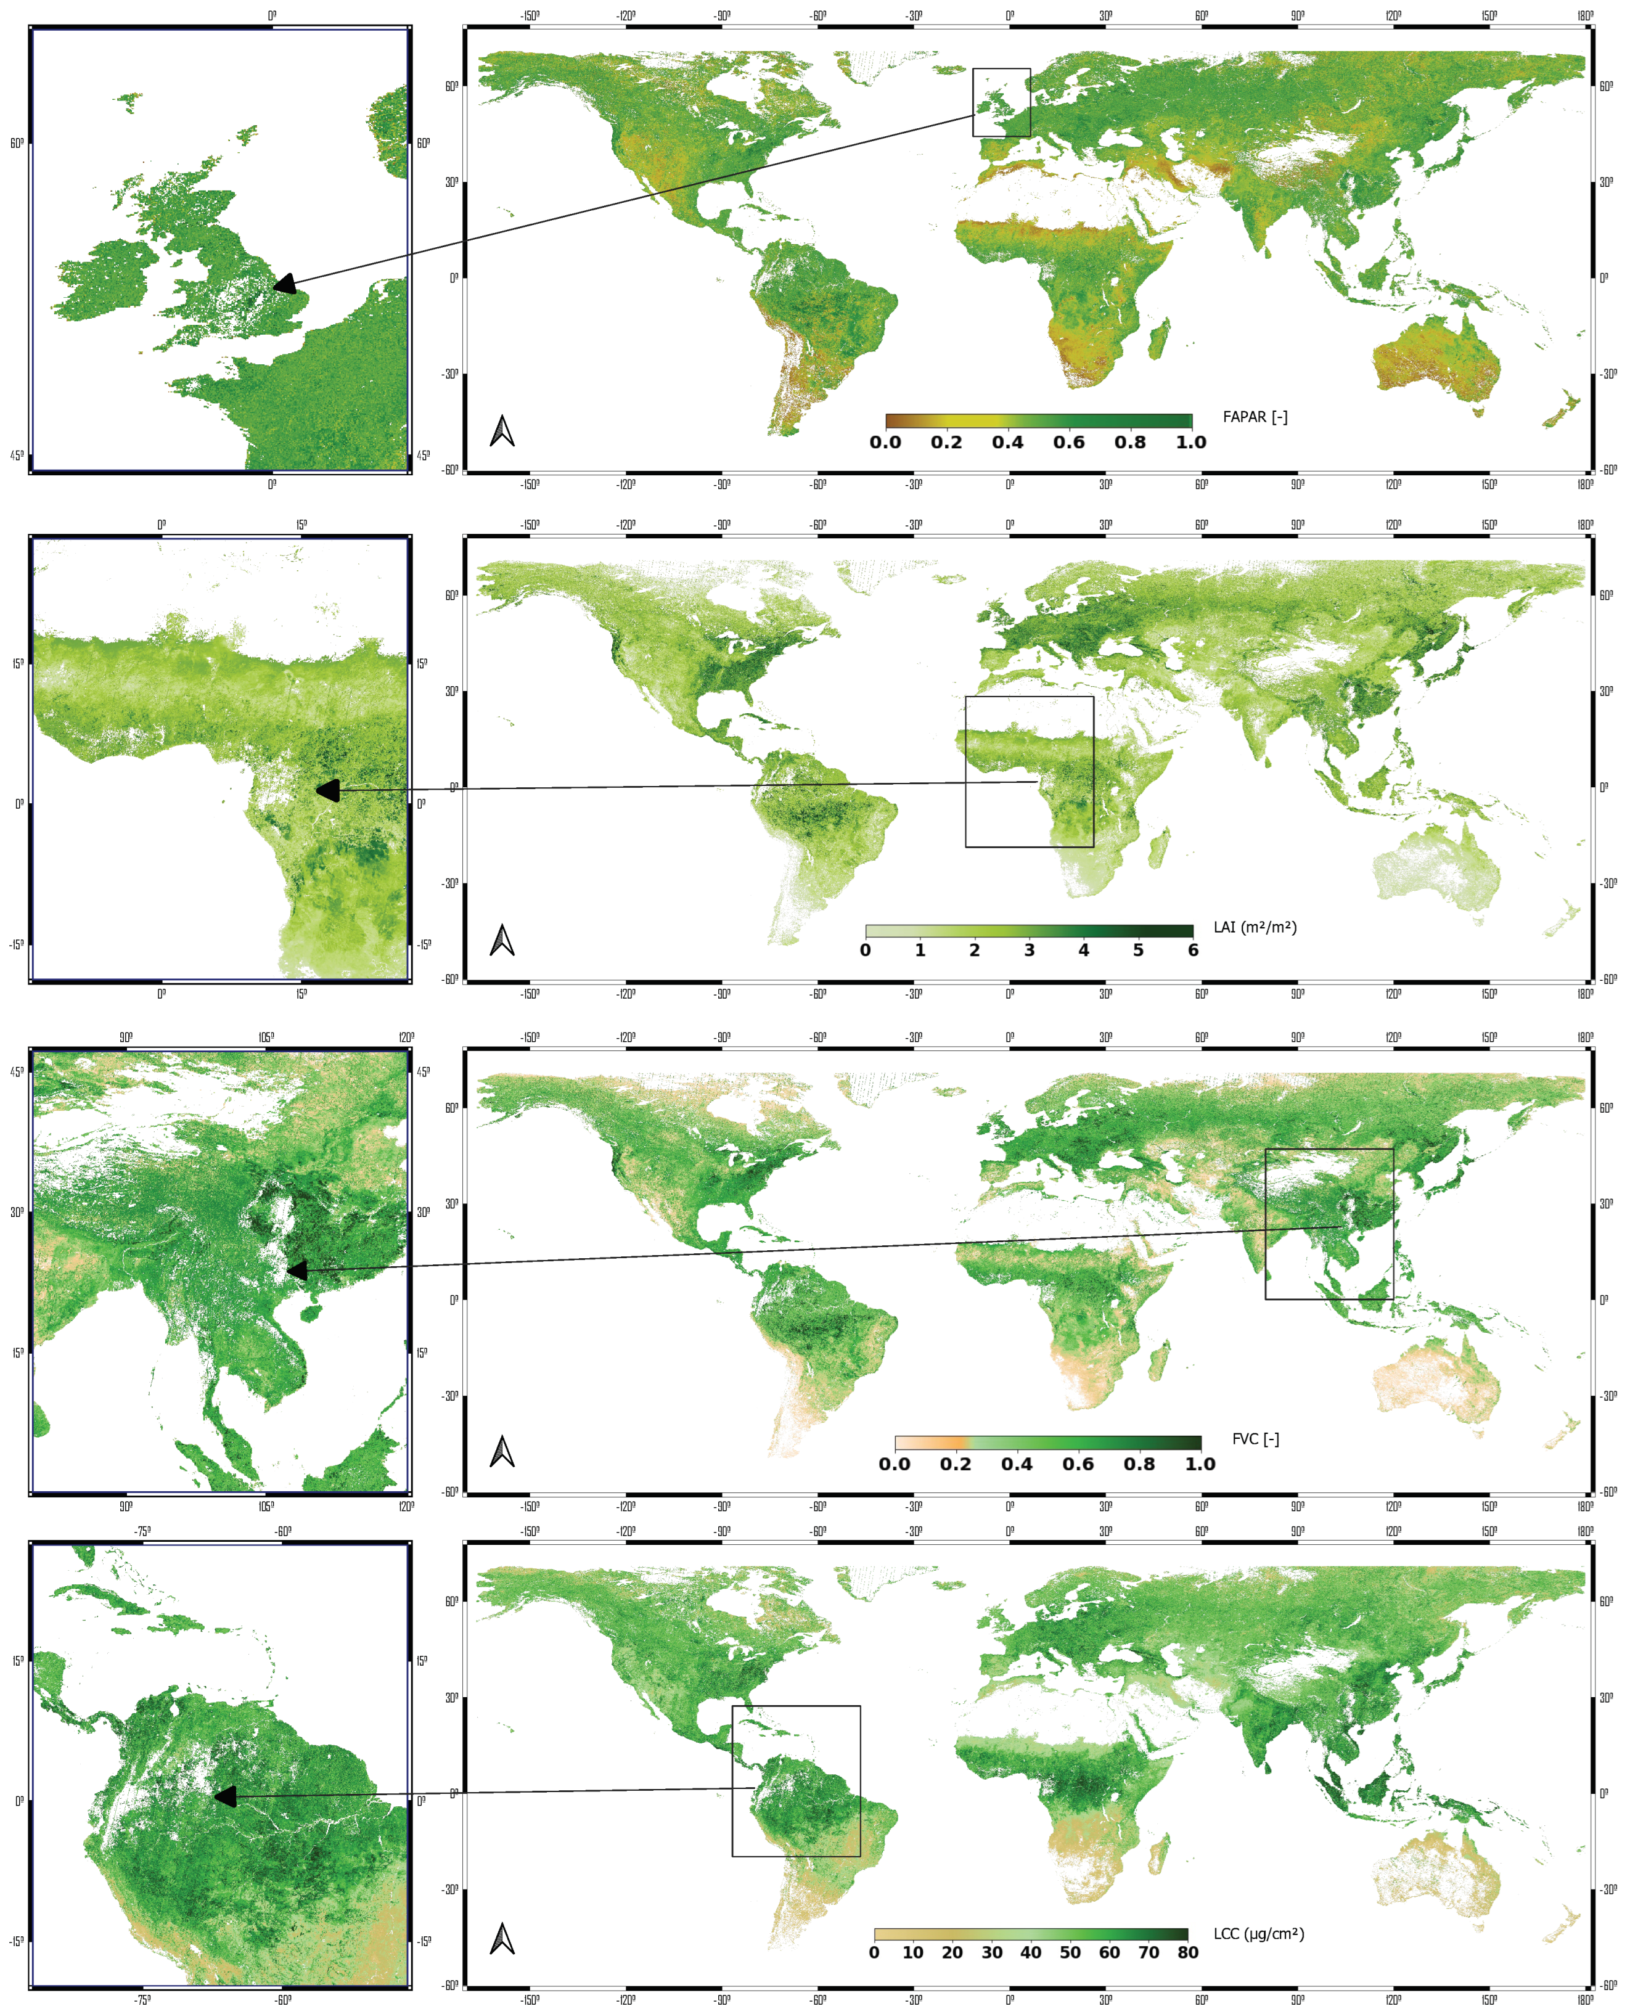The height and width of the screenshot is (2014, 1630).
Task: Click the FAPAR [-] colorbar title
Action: [1255, 417]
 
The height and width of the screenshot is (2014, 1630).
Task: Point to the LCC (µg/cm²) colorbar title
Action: [1258, 1934]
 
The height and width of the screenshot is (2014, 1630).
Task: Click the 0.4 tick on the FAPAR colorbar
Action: [1007, 442]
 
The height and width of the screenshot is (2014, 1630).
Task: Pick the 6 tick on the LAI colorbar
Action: [1192, 950]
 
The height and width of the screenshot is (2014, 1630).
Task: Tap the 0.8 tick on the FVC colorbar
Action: [1139, 1463]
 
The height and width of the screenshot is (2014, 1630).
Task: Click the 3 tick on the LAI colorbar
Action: [1029, 950]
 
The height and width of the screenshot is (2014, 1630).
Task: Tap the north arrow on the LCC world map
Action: [502, 1939]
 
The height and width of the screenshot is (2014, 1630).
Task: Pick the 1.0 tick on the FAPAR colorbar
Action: [1190, 442]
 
